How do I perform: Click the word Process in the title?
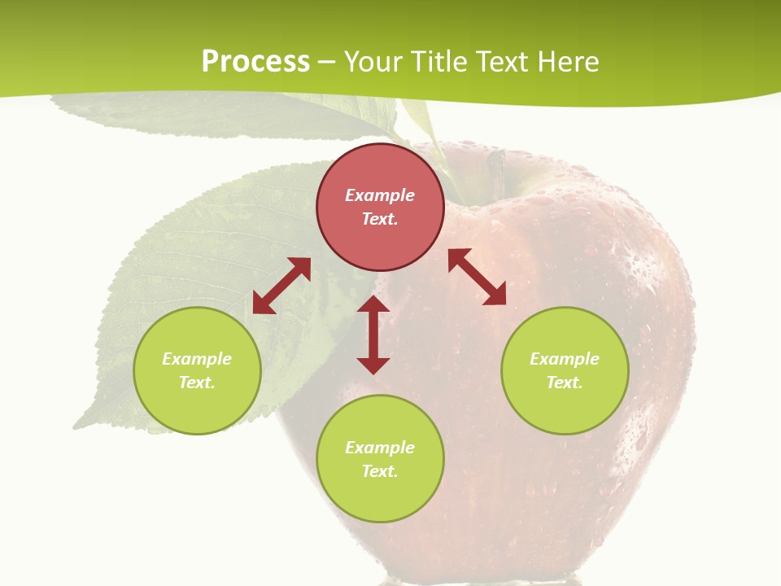click(x=255, y=62)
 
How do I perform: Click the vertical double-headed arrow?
click(x=373, y=335)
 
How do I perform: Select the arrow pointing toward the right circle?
click(x=477, y=277)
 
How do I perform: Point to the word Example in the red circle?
click(x=380, y=195)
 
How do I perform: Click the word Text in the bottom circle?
click(x=379, y=471)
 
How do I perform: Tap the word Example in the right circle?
click(x=565, y=359)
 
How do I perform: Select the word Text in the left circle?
click(x=196, y=383)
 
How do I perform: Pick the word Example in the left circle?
click(x=197, y=359)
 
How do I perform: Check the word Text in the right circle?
click(x=564, y=383)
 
